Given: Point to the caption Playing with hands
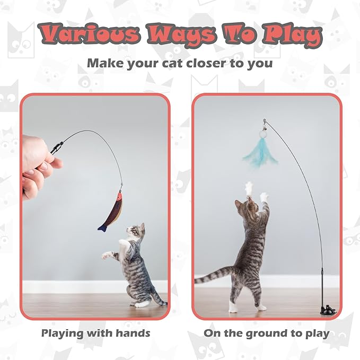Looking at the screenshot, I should [x=95, y=333].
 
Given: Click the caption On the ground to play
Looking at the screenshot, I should [x=266, y=333].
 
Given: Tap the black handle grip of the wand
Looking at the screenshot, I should [x=57, y=147].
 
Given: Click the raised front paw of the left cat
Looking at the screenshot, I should [x=108, y=255].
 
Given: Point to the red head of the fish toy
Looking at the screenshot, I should [x=119, y=198].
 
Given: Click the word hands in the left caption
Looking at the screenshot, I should [x=133, y=333].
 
